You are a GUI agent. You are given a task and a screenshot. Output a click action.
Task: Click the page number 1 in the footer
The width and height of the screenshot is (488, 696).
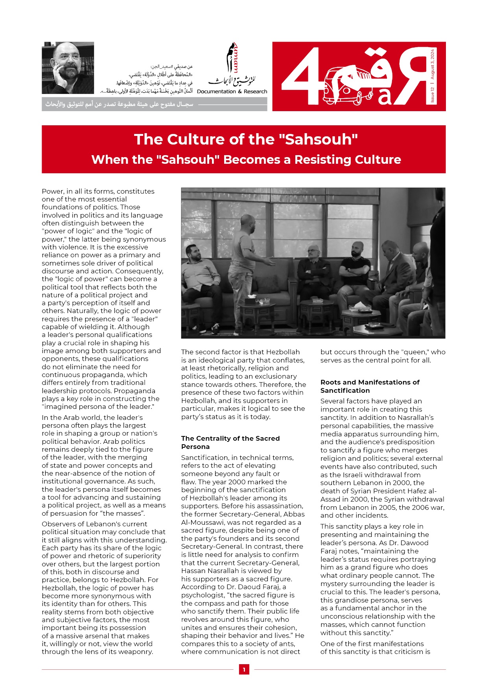[244, 669]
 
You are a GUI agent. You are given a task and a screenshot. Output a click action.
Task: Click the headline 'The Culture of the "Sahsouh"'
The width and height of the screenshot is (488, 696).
[246, 139]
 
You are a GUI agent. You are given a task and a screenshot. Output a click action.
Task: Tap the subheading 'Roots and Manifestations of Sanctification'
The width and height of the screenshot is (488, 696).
[370, 386]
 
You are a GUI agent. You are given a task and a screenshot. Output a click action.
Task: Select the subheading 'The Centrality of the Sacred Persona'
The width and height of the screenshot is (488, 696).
[230, 442]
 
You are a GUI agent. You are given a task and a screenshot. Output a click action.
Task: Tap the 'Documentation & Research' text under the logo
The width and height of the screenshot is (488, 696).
[232, 92]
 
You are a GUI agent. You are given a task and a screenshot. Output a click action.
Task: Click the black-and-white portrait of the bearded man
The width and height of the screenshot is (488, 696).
[68, 68]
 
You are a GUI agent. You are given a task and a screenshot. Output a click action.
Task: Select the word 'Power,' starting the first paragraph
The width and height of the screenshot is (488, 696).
[53, 191]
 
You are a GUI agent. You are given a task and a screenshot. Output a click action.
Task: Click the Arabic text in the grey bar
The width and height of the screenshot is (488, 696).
[120, 104]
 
